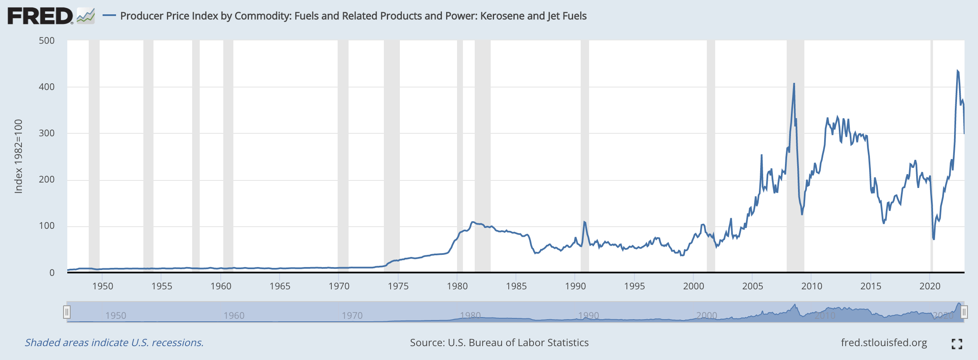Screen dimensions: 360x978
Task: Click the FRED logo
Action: point(40,16)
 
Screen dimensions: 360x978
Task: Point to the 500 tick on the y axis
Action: point(47,41)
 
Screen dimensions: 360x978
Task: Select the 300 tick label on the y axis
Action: point(47,133)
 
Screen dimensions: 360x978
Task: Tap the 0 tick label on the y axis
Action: point(52,273)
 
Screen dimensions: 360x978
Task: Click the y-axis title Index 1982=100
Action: point(19,156)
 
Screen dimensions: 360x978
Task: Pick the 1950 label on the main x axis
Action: point(103,286)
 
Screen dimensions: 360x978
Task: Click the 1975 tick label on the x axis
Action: point(398,286)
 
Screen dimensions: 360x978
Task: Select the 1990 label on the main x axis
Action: point(575,286)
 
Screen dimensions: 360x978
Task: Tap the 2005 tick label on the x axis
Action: point(753,286)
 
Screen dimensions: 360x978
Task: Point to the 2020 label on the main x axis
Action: point(930,286)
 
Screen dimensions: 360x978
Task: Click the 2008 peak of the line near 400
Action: point(794,84)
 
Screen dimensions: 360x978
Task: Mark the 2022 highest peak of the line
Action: point(957,71)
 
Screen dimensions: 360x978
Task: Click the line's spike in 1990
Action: point(584,222)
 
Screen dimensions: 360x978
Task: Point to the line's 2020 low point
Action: point(934,239)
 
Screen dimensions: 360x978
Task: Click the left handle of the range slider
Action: point(66,312)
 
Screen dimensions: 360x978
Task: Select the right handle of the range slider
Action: point(964,312)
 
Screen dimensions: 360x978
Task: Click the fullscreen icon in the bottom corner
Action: point(957,344)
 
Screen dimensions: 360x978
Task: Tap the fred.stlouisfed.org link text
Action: point(884,343)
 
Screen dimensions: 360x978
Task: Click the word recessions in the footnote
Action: point(177,343)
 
